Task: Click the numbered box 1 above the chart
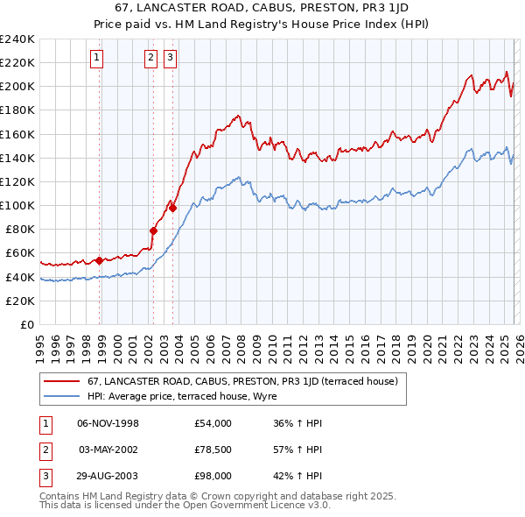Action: [95, 59]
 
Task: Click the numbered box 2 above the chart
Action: [150, 59]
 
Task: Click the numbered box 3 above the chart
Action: [169, 59]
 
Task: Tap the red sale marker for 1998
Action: [100, 260]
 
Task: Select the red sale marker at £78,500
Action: [153, 231]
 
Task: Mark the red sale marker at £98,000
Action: [173, 208]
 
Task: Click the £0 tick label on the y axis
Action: [27, 324]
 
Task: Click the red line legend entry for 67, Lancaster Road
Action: [242, 381]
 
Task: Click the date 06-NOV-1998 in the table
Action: [108, 423]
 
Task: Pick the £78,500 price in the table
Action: [213, 450]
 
